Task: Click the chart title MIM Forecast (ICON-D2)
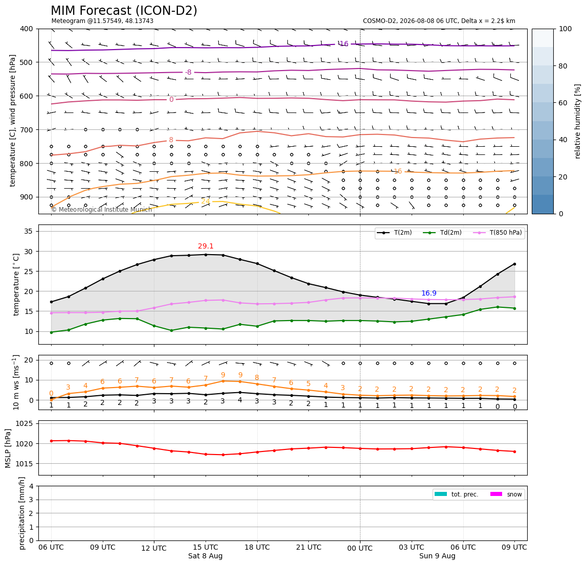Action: click(x=124, y=11)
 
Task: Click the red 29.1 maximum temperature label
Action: click(x=206, y=246)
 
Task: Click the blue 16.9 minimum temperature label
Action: click(x=429, y=293)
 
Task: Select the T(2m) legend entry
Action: click(x=394, y=233)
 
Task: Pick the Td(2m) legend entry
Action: click(x=442, y=233)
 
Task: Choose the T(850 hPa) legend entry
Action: click(x=498, y=233)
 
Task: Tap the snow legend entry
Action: click(x=506, y=494)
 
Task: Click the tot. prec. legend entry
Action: click(x=456, y=494)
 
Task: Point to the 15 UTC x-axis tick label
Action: click(x=206, y=547)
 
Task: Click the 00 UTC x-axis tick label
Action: click(x=360, y=548)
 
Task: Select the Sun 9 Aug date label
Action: click(x=437, y=556)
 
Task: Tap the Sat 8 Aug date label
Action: click(x=206, y=556)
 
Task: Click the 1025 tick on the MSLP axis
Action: click(x=26, y=423)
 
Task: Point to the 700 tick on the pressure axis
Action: click(x=27, y=130)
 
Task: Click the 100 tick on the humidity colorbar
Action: click(x=565, y=29)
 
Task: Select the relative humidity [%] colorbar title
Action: click(x=578, y=122)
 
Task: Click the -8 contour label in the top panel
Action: click(x=188, y=72)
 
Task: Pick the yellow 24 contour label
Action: click(x=206, y=201)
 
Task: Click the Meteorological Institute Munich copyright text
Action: click(x=102, y=210)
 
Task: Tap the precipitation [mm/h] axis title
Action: click(x=22, y=513)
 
